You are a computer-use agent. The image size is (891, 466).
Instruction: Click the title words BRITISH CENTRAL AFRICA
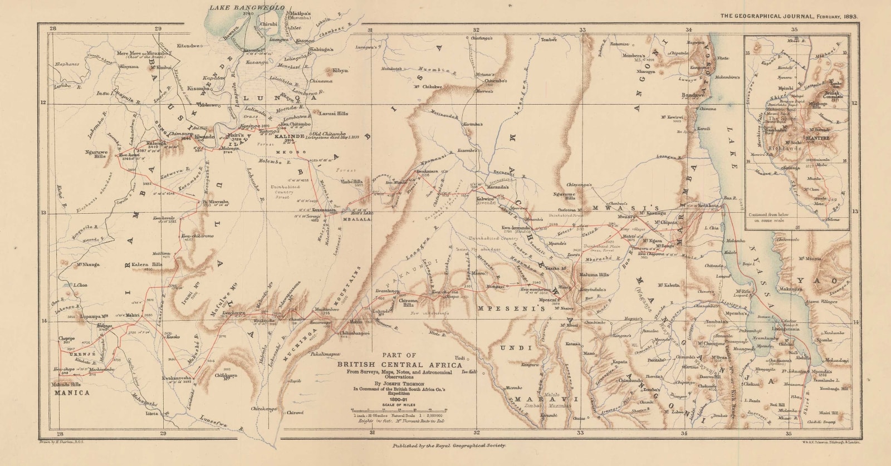[x=399, y=365]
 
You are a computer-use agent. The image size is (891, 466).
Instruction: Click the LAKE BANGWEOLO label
[x=246, y=7]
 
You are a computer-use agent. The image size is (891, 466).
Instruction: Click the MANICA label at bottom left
[x=71, y=393]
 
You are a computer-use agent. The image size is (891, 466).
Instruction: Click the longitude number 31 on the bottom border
[x=370, y=433]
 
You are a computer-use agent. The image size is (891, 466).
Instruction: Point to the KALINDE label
[x=287, y=136]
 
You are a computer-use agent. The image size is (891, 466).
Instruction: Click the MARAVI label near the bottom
[x=546, y=399]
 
